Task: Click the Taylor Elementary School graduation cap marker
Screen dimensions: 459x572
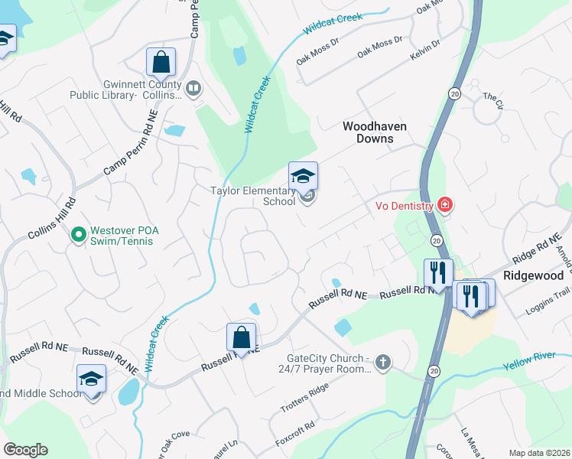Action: coord(303,177)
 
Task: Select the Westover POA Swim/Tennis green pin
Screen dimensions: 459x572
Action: coord(77,235)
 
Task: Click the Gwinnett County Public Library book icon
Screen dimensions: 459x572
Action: coord(193,90)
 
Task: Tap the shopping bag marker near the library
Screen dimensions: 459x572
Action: coord(161,62)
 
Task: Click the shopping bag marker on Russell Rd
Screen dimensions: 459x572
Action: coord(241,337)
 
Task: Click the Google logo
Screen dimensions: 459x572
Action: coord(25,450)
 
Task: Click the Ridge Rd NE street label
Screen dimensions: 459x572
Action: coord(532,249)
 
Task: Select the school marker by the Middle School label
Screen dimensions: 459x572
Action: coord(91,379)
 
